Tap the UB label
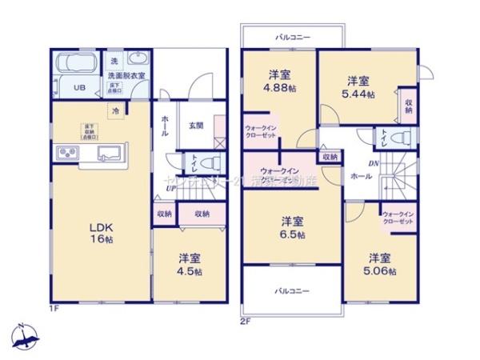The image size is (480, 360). pos(79,88)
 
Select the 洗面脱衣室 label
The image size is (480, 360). pos(127,75)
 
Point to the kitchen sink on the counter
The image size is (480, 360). pos(109,153)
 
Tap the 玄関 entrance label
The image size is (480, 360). pos(196,125)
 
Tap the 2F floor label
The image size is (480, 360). pos(246,322)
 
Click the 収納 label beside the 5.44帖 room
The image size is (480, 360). pos(409,106)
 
